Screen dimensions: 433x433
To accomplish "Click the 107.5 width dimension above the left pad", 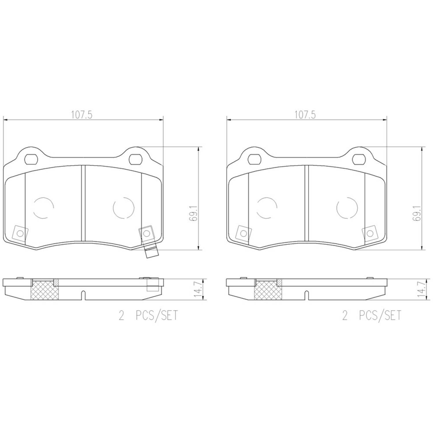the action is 82,115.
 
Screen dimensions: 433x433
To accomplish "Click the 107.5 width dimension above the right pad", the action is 305,115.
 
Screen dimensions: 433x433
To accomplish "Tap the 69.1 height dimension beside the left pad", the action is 193,214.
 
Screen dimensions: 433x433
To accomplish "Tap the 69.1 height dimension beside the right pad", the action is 416,214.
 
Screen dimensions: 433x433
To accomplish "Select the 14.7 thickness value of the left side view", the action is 198,290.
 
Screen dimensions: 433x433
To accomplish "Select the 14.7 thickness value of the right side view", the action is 421,290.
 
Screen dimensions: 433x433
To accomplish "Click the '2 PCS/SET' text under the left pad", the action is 148,316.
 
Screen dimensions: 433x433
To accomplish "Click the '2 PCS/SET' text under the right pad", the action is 372,316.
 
